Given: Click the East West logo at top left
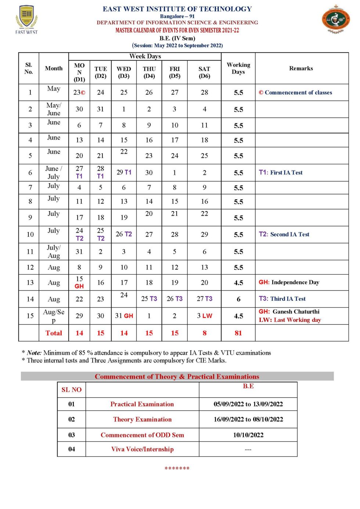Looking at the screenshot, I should click(x=26, y=19).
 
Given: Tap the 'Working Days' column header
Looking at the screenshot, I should click(x=238, y=68).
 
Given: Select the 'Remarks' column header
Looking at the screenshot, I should click(x=301, y=68).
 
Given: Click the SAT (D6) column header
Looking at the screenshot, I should click(x=204, y=72).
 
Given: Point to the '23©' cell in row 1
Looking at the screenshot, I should click(x=79, y=93).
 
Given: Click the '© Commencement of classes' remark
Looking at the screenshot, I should click(x=295, y=93).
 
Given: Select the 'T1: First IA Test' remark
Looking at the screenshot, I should click(x=281, y=173).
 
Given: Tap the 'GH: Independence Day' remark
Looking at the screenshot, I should click(x=289, y=282).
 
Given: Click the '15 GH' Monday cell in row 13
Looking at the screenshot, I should click(x=79, y=282).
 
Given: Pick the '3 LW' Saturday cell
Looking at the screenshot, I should click(x=204, y=316).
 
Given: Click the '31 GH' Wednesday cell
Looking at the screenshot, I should click(x=124, y=316).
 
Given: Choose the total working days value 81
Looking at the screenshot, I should click(x=238, y=333).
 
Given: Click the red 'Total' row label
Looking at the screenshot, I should click(x=54, y=333).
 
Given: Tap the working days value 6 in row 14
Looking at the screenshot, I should click(x=238, y=299).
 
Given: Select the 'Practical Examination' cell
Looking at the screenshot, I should click(x=142, y=404).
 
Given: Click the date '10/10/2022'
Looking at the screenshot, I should click(x=248, y=435).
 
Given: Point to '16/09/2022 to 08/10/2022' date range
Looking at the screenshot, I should click(x=248, y=419).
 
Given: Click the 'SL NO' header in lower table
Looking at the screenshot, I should click(x=72, y=390).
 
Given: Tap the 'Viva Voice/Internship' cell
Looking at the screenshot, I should click(x=142, y=450).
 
